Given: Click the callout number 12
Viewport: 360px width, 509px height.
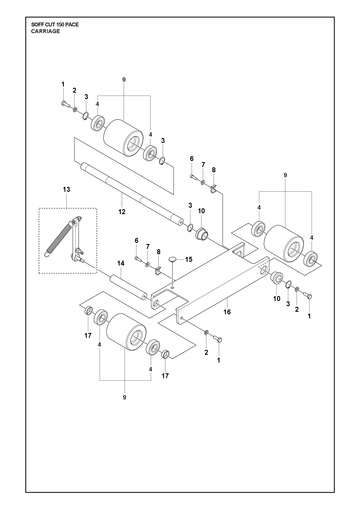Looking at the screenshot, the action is [x=122, y=211].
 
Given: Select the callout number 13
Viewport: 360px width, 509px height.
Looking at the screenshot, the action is [x=67, y=189].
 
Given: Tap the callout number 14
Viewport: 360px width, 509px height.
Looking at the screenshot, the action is [x=121, y=263].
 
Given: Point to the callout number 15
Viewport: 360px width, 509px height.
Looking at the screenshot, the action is [x=189, y=259].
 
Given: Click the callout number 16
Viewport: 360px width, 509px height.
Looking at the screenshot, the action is [x=227, y=312].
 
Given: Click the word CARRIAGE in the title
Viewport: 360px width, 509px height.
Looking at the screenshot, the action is [x=45, y=31].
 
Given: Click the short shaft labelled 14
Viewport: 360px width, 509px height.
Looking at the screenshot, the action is [x=127, y=287].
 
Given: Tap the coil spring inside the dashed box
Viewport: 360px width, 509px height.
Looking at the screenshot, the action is [x=59, y=238].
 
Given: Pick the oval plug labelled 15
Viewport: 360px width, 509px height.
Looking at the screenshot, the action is [x=172, y=259].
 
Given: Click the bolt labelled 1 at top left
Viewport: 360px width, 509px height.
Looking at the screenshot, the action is [x=64, y=104].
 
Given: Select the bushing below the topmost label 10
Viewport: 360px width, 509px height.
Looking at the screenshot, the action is [x=201, y=233].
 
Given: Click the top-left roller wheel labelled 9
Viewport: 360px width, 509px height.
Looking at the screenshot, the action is [x=123, y=138].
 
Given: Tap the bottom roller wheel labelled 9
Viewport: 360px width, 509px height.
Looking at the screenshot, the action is [x=126, y=332].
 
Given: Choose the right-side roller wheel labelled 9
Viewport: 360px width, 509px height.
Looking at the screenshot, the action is [x=284, y=244].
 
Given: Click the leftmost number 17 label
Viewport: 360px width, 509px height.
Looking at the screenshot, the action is [x=88, y=335].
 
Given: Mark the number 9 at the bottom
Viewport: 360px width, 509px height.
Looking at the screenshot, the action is [x=124, y=397].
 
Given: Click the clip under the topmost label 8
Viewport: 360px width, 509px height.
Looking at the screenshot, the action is [x=213, y=190].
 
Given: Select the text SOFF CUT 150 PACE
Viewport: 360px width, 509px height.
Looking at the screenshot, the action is [x=55, y=25].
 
